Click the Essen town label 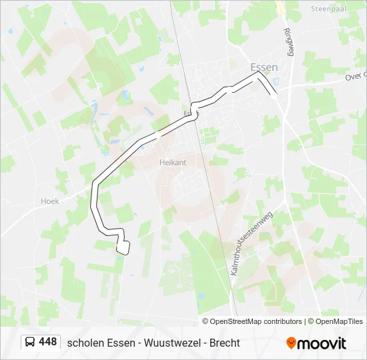point(263,67)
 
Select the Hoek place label point(50,201)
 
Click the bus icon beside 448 point(30,342)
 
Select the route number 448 point(48,342)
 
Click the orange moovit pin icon point(291,343)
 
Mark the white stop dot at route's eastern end point(273,95)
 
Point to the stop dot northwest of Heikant point(157,134)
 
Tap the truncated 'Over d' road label point(355,77)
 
